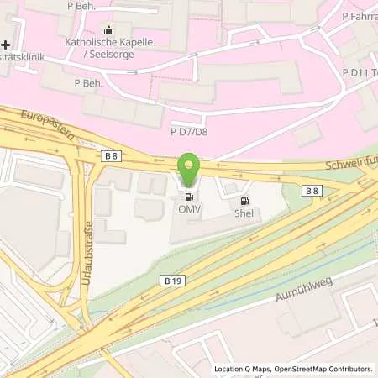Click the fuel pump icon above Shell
tap(245, 201)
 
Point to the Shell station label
tap(245, 213)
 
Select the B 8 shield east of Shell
tap(312, 192)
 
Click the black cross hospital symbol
tap(6, 44)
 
